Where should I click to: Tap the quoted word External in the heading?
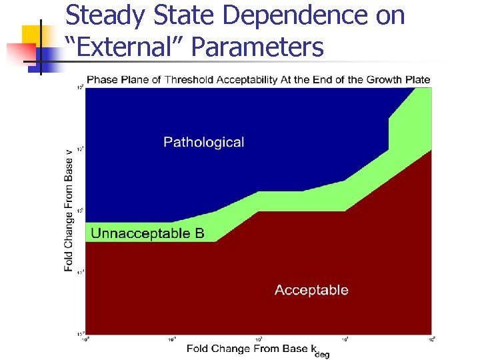coord(127,47)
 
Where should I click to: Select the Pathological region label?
coord(203,142)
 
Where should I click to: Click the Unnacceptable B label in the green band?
coord(147,233)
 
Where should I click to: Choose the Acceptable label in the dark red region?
coord(311,290)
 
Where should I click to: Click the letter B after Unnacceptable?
coord(199,233)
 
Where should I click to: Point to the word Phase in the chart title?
coord(103,80)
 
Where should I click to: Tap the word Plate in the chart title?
coord(416,80)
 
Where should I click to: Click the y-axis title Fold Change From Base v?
coord(69,209)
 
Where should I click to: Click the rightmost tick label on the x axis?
coord(431,339)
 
